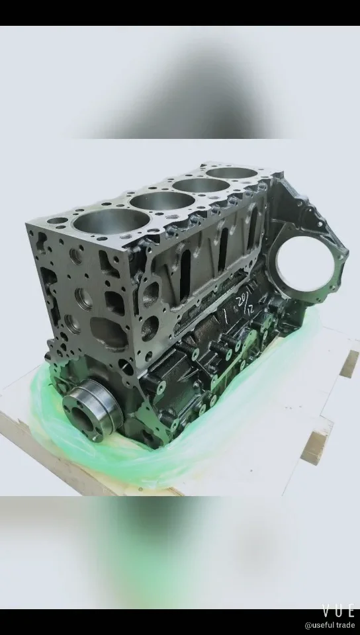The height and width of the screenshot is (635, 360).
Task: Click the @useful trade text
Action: click(x=329, y=625)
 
